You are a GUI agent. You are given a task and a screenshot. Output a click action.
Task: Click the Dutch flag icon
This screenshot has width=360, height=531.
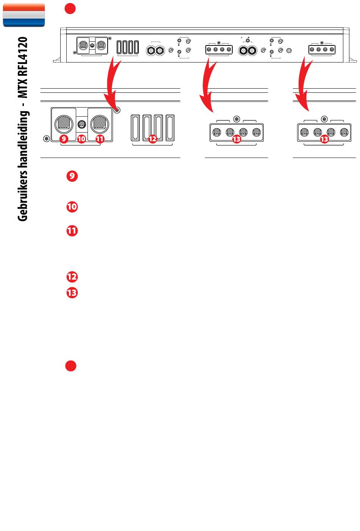(x=24, y=15)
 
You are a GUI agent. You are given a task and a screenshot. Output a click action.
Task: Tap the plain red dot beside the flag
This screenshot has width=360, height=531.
(x=70, y=9)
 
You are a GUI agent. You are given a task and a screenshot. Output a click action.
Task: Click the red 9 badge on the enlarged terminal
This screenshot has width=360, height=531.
(x=64, y=139)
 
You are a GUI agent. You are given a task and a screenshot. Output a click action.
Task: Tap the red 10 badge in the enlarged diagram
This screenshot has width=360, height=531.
(x=81, y=139)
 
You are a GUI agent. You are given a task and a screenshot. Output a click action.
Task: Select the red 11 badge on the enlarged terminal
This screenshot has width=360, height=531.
(x=100, y=139)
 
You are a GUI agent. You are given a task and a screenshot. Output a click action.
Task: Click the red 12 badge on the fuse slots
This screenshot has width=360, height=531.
(x=152, y=139)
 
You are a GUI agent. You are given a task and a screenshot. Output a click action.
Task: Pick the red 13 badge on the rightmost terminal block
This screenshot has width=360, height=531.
(x=324, y=139)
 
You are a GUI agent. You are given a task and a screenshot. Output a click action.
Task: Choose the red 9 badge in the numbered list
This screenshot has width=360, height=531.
(x=72, y=176)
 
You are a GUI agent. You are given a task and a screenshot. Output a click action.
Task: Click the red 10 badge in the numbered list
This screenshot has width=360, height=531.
(x=72, y=207)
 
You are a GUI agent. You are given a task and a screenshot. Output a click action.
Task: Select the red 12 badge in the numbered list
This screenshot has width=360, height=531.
(x=72, y=277)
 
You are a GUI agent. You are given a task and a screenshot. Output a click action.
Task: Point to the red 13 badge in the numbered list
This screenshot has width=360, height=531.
(x=72, y=293)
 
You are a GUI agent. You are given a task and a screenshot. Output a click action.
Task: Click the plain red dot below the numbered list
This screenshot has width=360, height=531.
(x=70, y=366)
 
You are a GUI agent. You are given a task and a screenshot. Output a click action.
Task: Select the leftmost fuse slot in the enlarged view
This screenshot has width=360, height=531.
(x=135, y=128)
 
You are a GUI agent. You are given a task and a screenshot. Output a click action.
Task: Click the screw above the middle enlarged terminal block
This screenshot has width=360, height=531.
(x=236, y=119)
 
